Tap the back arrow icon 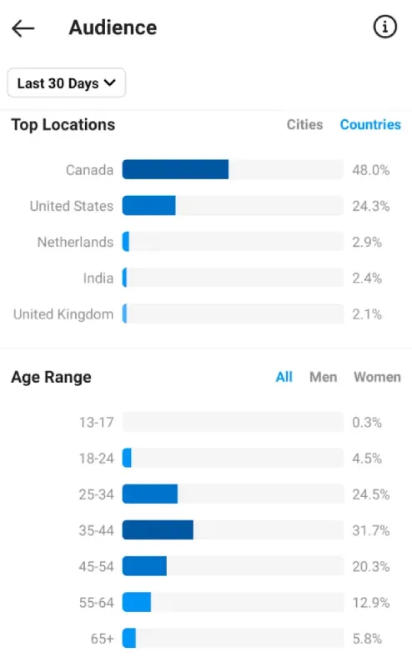[23, 28]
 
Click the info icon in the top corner [384, 28]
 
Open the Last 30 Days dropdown [67, 83]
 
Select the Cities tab [304, 124]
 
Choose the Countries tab [370, 124]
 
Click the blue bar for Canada [175, 170]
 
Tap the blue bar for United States [148, 206]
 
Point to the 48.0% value [370, 170]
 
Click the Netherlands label [75, 243]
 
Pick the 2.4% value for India [367, 278]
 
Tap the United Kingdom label [63, 314]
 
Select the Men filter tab [323, 377]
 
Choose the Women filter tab [377, 377]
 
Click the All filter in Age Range [284, 377]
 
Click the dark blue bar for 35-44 [158, 530]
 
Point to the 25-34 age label [96, 494]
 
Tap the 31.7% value [370, 530]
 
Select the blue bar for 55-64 [137, 602]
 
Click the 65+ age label [102, 639]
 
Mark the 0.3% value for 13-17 [367, 423]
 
